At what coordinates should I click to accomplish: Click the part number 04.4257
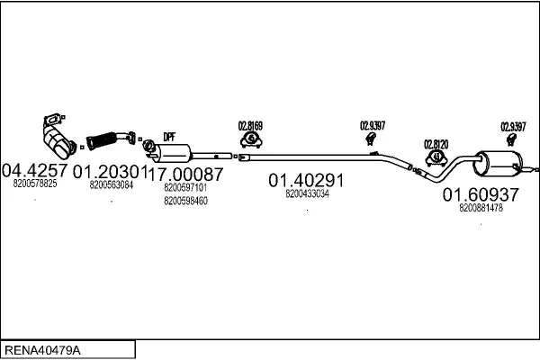tap(35, 170)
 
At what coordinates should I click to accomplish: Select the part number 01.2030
tap(105, 172)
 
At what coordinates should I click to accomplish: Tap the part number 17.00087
tap(184, 174)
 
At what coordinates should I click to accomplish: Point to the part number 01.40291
tap(306, 180)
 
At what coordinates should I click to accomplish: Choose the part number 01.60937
tap(481, 194)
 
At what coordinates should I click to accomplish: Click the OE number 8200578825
tap(35, 184)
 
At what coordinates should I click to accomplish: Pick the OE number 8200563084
tap(112, 185)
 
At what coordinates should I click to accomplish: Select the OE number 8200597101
tap(185, 188)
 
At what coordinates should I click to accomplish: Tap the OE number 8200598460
tap(185, 201)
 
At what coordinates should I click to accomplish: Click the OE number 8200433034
tap(307, 194)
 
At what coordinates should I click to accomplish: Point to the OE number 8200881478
tap(481, 208)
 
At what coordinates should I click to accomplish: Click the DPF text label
tap(169, 137)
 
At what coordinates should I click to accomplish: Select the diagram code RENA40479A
tap(42, 350)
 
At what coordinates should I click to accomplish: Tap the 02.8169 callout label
tap(250, 126)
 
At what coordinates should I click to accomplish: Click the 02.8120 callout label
tap(436, 145)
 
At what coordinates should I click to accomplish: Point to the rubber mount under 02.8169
tap(251, 139)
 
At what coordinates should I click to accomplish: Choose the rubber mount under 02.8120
tap(436, 158)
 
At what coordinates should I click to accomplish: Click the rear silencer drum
tap(498, 163)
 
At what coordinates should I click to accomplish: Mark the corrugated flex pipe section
tap(102, 140)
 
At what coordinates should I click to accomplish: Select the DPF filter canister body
tap(173, 153)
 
